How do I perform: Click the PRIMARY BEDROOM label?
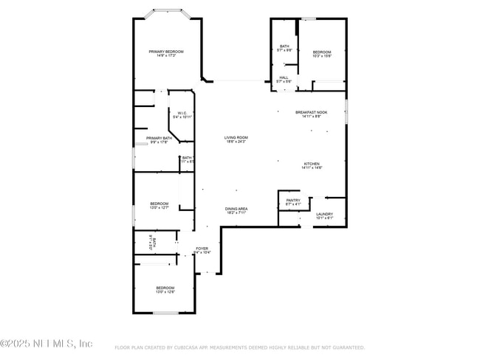pos(166,51)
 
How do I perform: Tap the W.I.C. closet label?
pos(181,113)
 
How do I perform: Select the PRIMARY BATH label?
pos(159,138)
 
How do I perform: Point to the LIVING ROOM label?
pos(236,137)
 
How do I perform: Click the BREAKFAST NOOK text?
pos(311,112)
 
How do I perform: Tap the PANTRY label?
pos(293,200)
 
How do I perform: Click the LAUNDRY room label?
pos(325,214)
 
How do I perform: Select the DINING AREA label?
pos(236,209)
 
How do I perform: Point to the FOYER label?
pos(202,249)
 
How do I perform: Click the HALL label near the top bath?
pos(284,77)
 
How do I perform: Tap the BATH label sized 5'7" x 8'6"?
pos(284,46)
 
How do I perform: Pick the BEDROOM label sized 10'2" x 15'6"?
pos(322,52)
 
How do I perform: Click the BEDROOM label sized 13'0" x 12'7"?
pos(160,204)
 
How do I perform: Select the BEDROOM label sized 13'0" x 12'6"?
pos(165,288)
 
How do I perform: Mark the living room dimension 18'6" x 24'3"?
pos(236,142)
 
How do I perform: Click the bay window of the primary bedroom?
pos(166,11)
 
